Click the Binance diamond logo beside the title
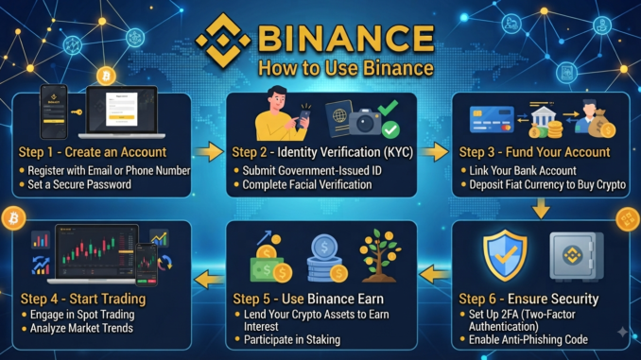tap(223, 41)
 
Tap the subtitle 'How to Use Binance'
tap(346, 68)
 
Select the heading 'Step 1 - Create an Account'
tap(93, 152)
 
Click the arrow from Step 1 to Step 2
tap(209, 152)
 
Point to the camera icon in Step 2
tap(365, 121)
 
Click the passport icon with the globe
tap(338, 118)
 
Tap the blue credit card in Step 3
tap(492, 119)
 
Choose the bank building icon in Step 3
tap(543, 118)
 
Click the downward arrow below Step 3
tap(541, 209)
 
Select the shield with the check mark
tap(505, 255)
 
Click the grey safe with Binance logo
tap(577, 257)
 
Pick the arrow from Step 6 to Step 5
tap(435, 274)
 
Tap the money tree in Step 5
tap(380, 256)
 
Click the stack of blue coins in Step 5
tap(326, 258)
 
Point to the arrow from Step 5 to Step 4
tap(209, 280)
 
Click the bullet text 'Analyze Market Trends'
tap(81, 328)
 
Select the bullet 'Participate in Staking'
tap(292, 339)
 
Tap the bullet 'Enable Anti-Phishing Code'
tap(528, 339)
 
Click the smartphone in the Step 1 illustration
tap(54, 111)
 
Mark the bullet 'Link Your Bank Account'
tap(523, 170)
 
